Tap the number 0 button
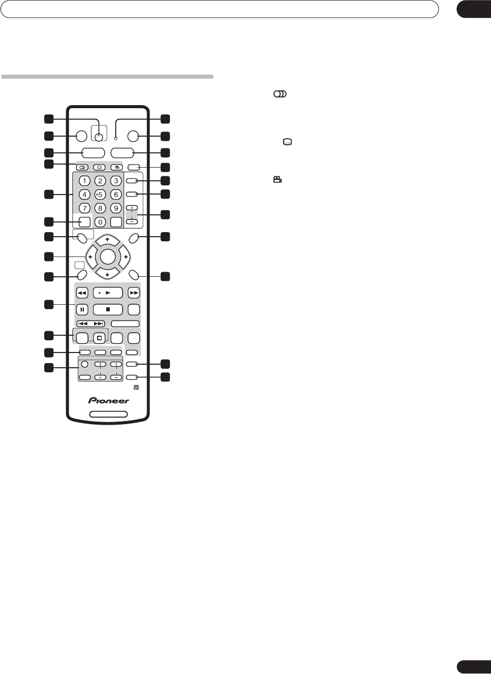coord(100,222)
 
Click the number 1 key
coord(84,181)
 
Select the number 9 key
coord(116,208)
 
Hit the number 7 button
coord(84,208)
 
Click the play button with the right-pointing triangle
coord(108,293)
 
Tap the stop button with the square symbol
coord(108,309)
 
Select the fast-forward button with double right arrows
coord(134,293)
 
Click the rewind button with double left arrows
coord(82,293)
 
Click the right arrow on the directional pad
coord(126,257)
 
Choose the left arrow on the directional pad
coord(90,257)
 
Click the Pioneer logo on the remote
coord(109,401)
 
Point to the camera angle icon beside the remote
coord(278,180)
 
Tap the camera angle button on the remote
coord(116,167)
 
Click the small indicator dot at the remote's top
coord(116,138)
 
